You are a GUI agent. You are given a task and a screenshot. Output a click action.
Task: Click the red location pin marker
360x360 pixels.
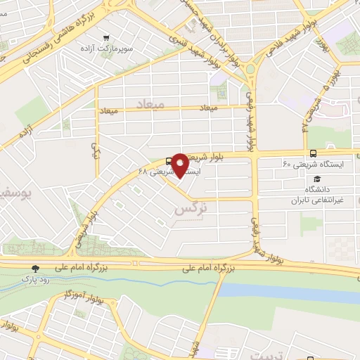(x=180, y=164)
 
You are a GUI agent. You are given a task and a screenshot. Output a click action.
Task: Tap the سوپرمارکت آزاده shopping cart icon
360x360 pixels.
(x=105, y=38)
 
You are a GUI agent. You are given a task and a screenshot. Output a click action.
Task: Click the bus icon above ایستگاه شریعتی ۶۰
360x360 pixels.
(x=313, y=153)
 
